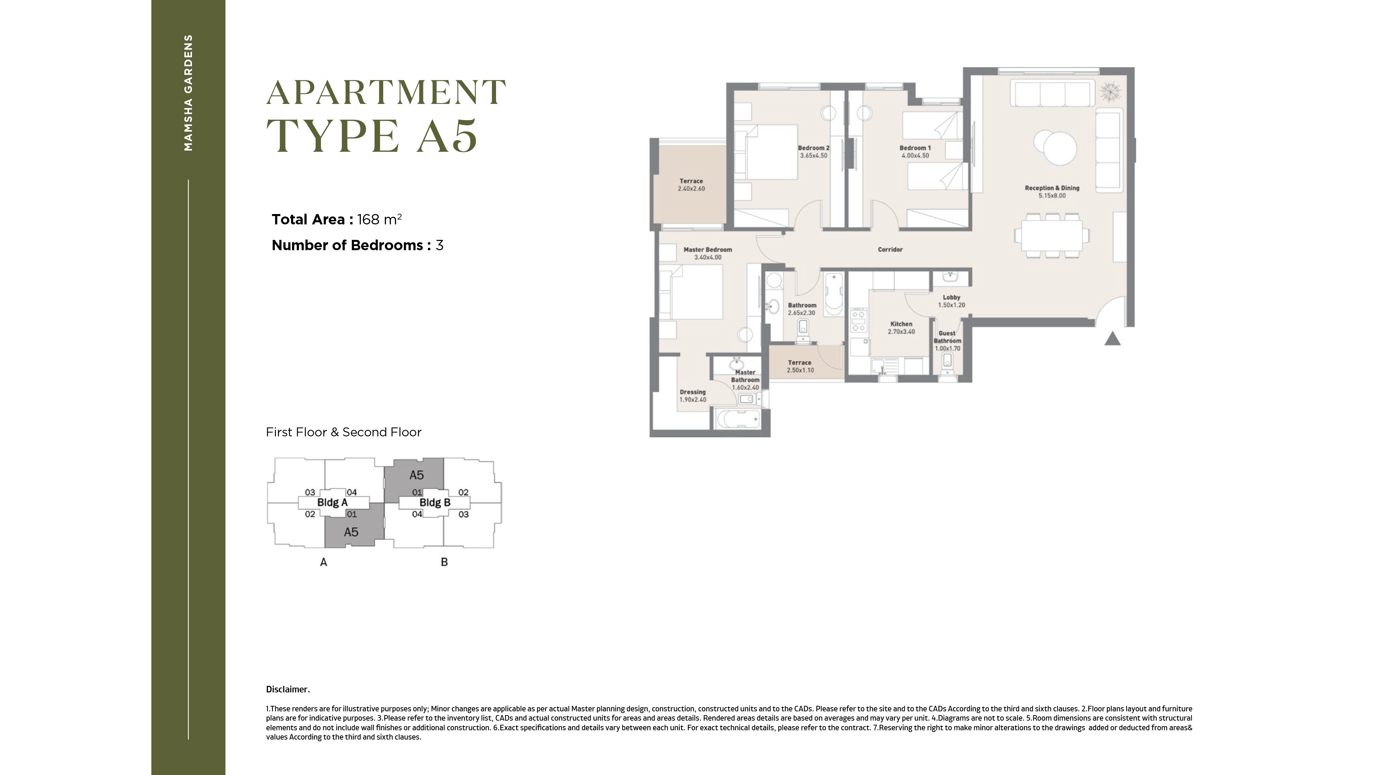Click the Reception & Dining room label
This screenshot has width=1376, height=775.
tap(1052, 188)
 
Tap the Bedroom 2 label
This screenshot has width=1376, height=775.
tap(814, 148)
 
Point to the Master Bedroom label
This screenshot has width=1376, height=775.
tap(708, 250)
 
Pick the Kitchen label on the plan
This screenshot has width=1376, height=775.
tap(901, 324)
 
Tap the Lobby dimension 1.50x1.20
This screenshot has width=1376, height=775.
tap(952, 305)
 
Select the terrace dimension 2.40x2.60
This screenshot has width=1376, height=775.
tap(691, 189)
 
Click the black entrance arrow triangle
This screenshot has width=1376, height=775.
tap(1112, 339)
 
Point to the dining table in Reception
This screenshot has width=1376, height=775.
tap(1052, 235)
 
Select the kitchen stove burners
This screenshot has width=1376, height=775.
tap(858, 320)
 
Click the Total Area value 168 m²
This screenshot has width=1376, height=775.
tap(379, 219)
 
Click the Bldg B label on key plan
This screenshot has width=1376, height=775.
tap(435, 502)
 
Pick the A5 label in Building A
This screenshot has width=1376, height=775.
tap(351, 532)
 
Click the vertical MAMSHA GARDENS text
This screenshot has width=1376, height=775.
tap(188, 93)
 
